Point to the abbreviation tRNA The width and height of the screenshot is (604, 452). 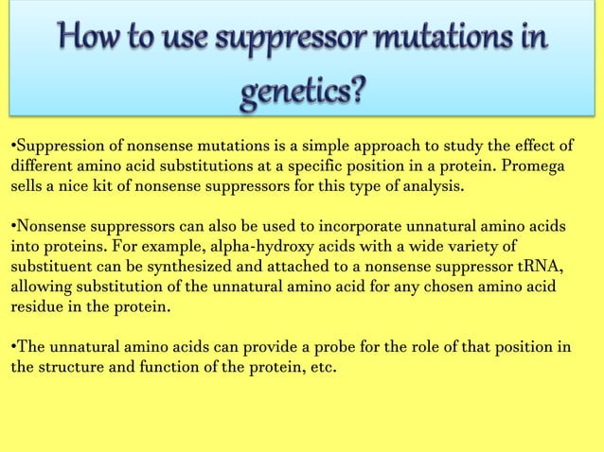[x=542, y=269]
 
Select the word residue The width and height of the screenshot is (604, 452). [x=38, y=308]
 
